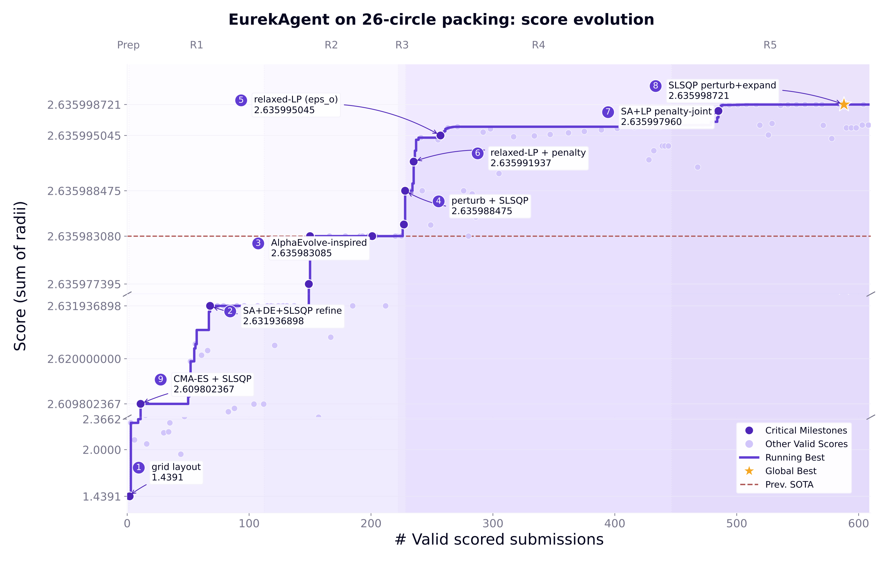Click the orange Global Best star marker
tap(844, 104)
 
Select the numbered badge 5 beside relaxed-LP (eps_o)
tap(241, 100)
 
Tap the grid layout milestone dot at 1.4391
tap(130, 496)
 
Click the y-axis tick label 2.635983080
tap(84, 237)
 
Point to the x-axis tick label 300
tap(493, 523)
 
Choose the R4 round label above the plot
tap(539, 45)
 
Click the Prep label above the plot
tap(128, 45)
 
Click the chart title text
tap(441, 19)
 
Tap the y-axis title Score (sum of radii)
tap(20, 276)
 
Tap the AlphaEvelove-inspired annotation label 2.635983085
tap(301, 253)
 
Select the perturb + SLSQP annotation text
tap(490, 201)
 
